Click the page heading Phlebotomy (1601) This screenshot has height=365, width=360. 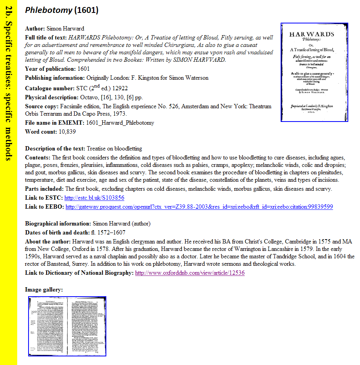(x=61, y=10)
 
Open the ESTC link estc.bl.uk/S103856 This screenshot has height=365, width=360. (x=94, y=198)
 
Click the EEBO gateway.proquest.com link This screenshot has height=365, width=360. (x=199, y=207)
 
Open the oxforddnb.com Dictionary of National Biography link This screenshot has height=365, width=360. (x=190, y=273)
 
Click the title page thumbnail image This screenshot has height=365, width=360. (x=314, y=72)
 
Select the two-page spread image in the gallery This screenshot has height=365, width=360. (x=67, y=327)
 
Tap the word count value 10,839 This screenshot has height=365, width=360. (x=67, y=132)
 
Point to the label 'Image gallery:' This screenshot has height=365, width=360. (x=44, y=290)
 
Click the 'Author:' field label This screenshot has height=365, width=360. (x=35, y=29)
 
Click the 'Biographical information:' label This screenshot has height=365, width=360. (x=58, y=224)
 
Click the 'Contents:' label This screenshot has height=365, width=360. (x=38, y=157)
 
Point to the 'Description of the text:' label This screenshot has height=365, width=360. (x=55, y=149)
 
